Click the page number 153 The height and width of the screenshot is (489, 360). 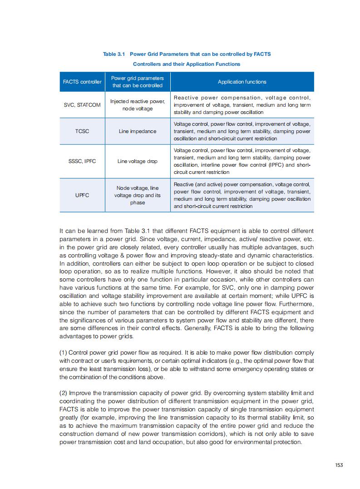(338, 464)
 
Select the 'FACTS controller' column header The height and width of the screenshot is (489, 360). (82, 82)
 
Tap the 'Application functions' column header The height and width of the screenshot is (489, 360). (242, 82)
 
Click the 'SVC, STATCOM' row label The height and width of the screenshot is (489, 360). (82, 105)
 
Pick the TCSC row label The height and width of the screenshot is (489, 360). (82, 131)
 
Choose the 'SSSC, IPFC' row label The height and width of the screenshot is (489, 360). (82, 161)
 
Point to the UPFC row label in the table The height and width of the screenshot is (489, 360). (82, 195)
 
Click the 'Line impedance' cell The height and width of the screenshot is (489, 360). (137, 131)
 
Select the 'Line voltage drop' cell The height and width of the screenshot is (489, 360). (137, 161)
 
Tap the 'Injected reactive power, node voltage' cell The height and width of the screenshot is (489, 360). (137, 105)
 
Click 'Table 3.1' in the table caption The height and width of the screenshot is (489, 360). (114, 54)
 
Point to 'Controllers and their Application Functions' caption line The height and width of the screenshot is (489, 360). (187, 64)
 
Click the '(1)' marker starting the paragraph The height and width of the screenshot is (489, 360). (64, 353)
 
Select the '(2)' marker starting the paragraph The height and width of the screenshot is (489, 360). (64, 393)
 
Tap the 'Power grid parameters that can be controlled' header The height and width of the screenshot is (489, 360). (137, 82)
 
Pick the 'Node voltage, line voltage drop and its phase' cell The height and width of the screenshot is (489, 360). (137, 195)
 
